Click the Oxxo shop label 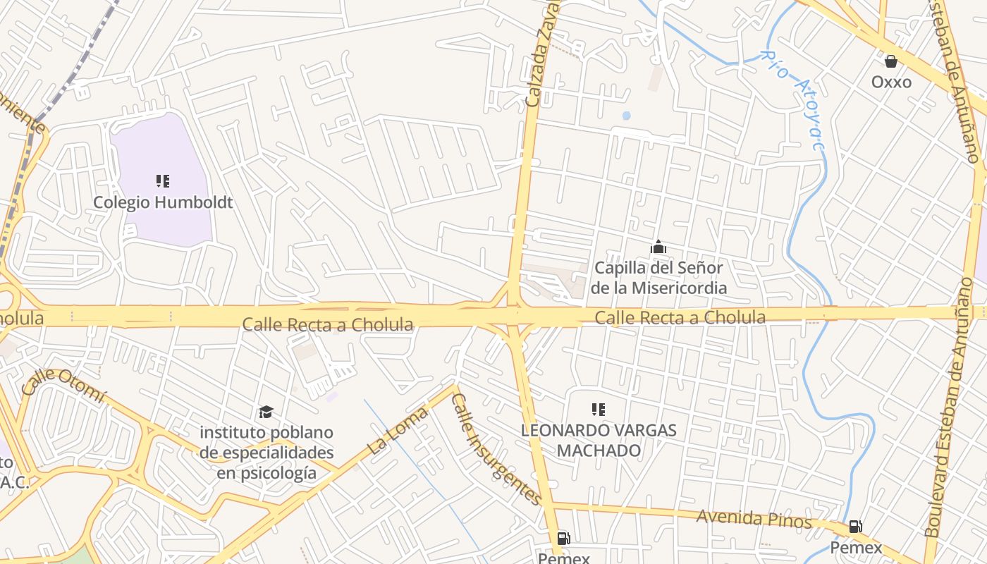[x=891, y=82]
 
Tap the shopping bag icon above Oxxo [x=891, y=61]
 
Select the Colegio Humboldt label [x=163, y=202]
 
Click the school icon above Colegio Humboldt [x=163, y=181]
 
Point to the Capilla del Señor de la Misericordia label [x=658, y=278]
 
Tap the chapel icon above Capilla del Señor [x=658, y=247]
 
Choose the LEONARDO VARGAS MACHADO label [x=599, y=440]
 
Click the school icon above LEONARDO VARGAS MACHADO [x=599, y=409]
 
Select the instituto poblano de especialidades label [x=266, y=452]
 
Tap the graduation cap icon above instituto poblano [x=266, y=412]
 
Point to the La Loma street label [x=398, y=430]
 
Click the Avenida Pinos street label [x=754, y=519]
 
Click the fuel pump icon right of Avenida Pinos [x=855, y=526]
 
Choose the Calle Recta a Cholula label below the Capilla [x=680, y=318]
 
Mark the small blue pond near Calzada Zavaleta [x=626, y=116]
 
